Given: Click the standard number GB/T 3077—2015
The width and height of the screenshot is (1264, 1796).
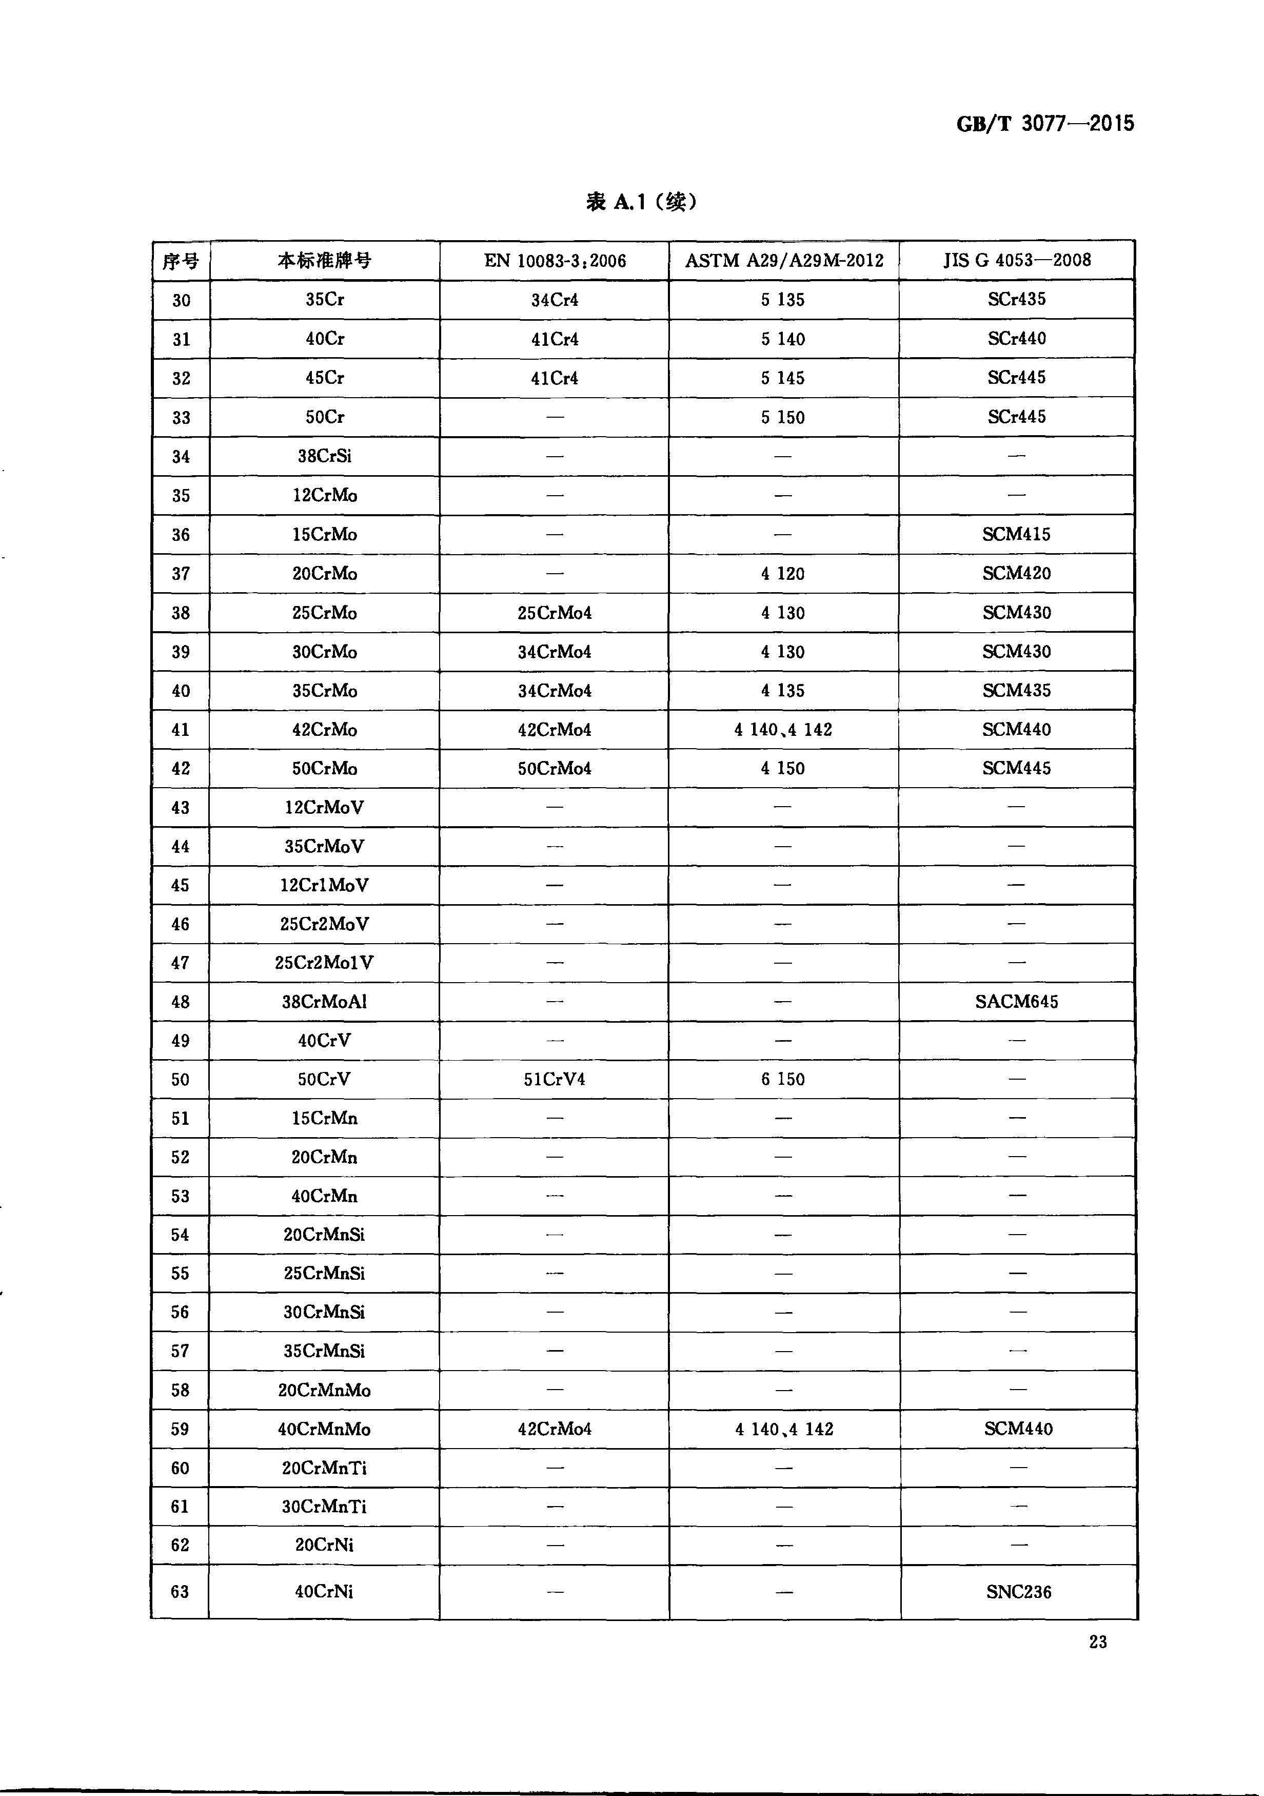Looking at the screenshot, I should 1044,124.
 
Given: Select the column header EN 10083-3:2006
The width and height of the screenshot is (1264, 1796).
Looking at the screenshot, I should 555,261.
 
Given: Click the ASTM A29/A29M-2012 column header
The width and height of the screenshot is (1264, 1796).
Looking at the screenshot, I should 784,261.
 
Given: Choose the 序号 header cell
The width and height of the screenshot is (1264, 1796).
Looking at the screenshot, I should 181,261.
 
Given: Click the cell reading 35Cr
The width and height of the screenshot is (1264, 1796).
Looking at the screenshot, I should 325,300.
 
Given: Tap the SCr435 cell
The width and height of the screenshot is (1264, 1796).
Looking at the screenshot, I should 1016,299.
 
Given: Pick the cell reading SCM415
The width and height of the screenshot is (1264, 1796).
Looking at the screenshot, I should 1016,534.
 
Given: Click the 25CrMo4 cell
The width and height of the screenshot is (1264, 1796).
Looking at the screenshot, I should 555,613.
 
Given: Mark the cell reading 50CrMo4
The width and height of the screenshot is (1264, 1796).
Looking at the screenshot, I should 555,768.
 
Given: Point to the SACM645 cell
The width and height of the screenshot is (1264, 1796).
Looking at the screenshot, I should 1016,1001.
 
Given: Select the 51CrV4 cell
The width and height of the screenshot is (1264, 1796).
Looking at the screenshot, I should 555,1080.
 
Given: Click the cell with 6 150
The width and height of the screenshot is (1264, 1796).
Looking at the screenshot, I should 783,1080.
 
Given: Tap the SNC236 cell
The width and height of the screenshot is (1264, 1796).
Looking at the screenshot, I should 1018,1592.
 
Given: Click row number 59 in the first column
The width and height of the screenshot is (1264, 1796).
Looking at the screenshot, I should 180,1429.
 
